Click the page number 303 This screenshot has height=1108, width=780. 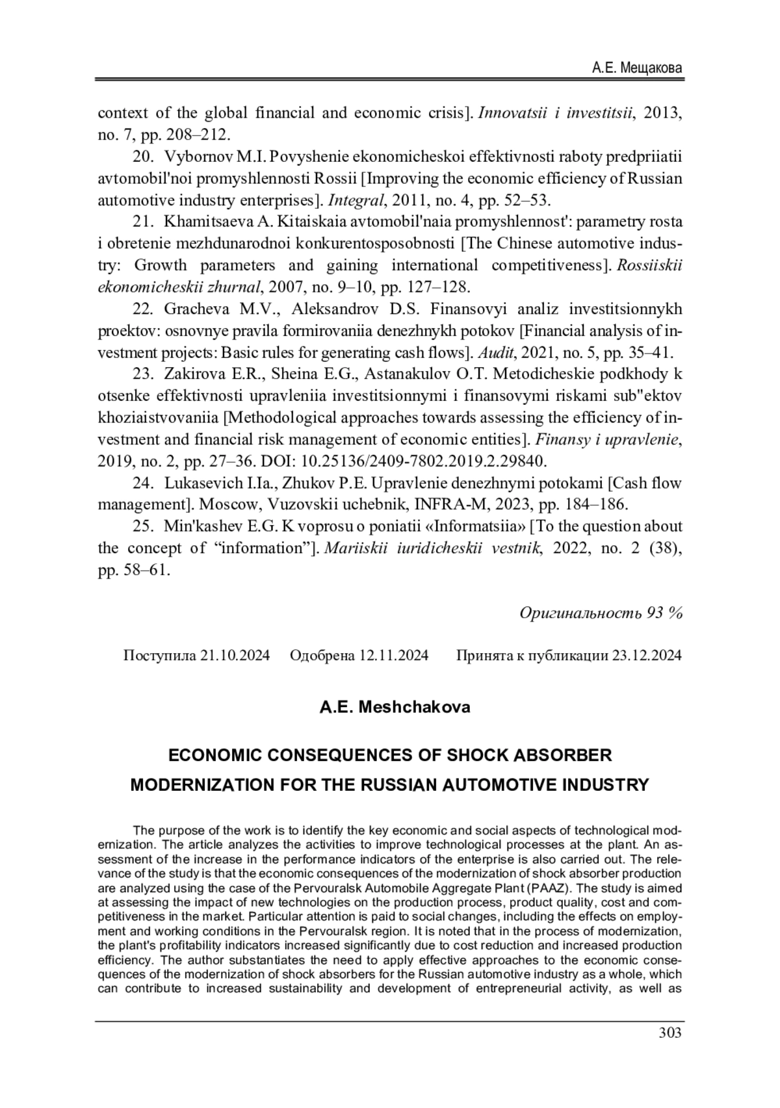point(669,1033)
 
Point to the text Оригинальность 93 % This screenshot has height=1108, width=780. point(601,612)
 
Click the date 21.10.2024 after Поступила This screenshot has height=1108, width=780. point(235,655)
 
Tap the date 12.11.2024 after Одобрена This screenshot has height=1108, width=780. point(393,655)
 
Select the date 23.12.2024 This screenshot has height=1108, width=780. point(647,655)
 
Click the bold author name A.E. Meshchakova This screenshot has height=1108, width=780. point(395,706)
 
